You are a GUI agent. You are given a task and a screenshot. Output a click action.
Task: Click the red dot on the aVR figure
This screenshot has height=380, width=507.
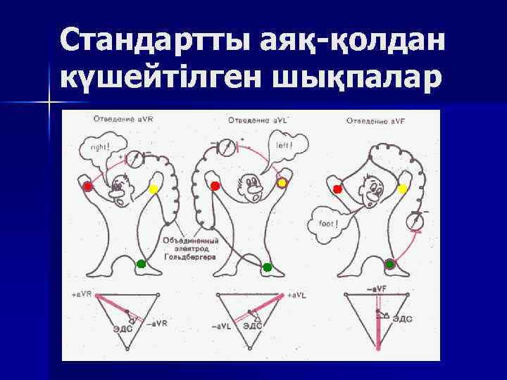click(87, 186)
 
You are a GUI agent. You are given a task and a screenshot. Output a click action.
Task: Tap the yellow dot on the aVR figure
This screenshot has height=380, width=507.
click(154, 189)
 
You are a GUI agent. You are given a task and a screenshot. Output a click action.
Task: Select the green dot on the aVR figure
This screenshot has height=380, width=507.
click(141, 264)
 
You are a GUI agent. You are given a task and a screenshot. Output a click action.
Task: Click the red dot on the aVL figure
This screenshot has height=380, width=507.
click(215, 185)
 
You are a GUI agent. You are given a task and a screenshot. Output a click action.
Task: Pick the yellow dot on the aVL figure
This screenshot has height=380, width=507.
click(282, 183)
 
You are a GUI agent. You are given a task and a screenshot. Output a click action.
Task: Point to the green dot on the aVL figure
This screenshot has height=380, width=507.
click(267, 267)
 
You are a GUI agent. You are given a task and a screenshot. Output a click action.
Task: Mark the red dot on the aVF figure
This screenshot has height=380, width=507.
click(337, 189)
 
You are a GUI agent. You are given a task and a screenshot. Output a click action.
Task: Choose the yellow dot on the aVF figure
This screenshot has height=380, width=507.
click(402, 188)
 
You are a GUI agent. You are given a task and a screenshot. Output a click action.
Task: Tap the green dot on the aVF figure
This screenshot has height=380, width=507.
click(390, 264)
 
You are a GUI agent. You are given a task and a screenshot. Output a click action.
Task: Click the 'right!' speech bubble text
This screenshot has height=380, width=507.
click(91, 148)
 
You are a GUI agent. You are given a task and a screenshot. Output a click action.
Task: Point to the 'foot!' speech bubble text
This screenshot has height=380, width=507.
click(328, 226)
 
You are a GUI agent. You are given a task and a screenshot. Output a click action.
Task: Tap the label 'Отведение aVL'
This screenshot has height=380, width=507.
click(251, 121)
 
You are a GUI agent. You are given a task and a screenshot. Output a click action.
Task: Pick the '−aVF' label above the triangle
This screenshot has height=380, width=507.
click(376, 288)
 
